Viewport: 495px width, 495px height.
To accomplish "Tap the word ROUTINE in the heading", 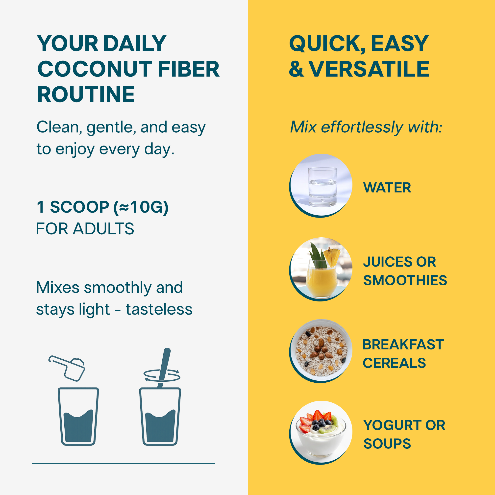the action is point(86,95).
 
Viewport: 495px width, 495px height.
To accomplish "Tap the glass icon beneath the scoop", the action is point(78,417).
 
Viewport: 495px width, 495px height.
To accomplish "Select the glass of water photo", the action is point(321,185).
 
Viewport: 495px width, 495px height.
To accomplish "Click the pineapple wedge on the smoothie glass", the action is point(332,257).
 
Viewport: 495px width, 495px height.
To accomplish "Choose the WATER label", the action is point(387,188).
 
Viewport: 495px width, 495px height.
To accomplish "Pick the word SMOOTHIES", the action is point(405,280).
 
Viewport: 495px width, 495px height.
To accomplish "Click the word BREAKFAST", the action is point(403,344).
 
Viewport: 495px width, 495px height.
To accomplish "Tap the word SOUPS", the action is point(387,444).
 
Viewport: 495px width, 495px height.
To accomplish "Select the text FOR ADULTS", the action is point(85,228).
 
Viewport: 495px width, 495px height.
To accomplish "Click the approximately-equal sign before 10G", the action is point(124,207).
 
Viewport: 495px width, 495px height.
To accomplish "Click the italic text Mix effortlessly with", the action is point(366,127).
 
